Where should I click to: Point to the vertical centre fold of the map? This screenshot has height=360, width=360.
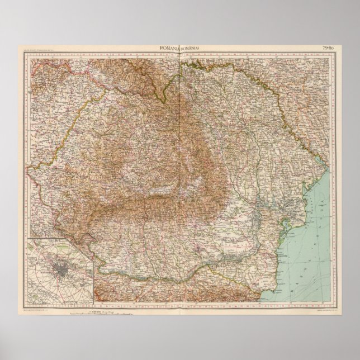coord(180,168)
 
